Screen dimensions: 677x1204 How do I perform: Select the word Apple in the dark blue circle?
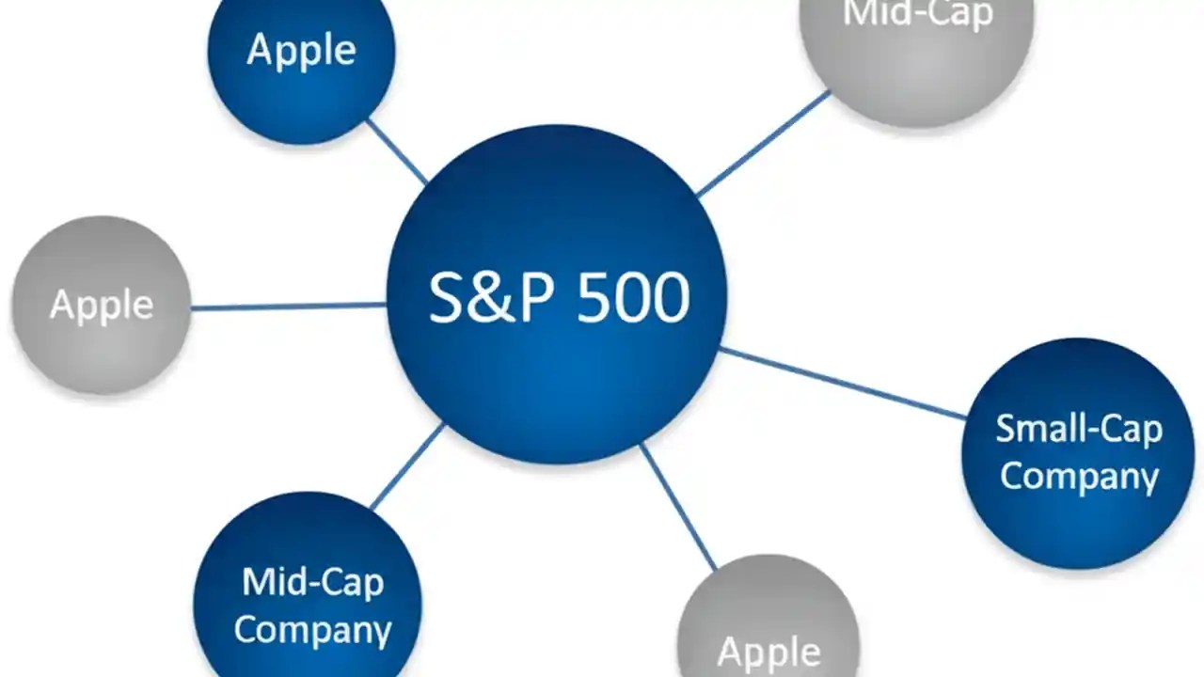[x=301, y=50]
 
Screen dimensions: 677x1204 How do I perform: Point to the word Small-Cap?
[x=1079, y=429]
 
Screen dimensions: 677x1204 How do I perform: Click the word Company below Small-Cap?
[x=1079, y=475]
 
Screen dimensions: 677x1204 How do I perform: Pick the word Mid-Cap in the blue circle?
[x=312, y=582]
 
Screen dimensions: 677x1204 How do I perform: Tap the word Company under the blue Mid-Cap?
[x=312, y=629]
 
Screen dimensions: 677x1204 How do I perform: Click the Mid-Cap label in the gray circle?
[x=917, y=15]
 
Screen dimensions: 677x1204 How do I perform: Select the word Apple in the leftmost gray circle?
[x=102, y=305]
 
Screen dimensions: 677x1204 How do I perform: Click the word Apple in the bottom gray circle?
[x=768, y=652]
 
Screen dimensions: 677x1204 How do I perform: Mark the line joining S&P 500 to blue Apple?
[x=396, y=150]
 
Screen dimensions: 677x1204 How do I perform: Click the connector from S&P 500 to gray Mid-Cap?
[x=763, y=143]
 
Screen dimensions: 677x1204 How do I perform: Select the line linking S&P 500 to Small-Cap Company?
[x=842, y=383]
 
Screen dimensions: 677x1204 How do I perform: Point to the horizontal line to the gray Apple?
[x=288, y=306]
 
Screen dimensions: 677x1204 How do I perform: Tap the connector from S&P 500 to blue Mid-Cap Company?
[x=407, y=466]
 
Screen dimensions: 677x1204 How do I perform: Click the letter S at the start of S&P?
[x=447, y=298]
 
